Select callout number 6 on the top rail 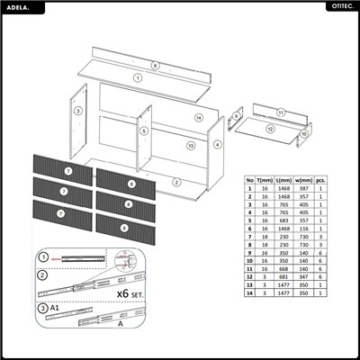[x=155, y=67]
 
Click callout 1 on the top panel [x=138, y=78]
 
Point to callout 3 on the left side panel [x=78, y=111]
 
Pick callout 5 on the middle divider [x=143, y=130]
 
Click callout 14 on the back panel [x=198, y=118]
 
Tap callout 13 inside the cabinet [x=191, y=144]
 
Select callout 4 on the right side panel [x=218, y=144]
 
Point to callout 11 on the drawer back [x=281, y=113]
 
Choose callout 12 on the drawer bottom [x=270, y=129]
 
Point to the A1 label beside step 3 [x=55, y=307]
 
